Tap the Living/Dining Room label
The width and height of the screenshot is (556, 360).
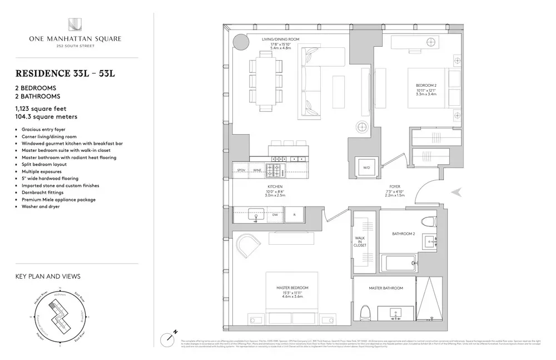point(281,39)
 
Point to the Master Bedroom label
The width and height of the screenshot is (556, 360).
point(292,288)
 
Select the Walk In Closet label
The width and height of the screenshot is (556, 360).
point(360,240)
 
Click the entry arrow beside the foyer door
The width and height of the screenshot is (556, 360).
point(457,192)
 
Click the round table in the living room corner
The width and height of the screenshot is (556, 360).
point(240,42)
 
